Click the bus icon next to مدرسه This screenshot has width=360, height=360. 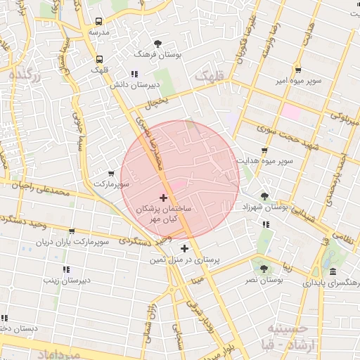tap(99, 21)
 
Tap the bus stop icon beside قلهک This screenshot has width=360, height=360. tap(99, 59)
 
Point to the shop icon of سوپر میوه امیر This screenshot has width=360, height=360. tap(299, 70)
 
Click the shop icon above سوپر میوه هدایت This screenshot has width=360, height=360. tap(264, 150)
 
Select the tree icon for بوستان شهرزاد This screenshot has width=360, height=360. tap(264, 196)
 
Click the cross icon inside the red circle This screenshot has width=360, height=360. tap(164, 198)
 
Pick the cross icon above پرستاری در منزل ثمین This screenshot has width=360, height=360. tap(184, 248)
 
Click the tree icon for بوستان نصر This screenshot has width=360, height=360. tap(264, 268)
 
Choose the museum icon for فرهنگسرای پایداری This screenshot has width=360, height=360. tap(332, 271)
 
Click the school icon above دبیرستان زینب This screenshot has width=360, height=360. tap(66, 269)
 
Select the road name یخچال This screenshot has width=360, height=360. tap(157, 102)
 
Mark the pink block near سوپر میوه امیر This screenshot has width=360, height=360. tap(290, 110)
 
